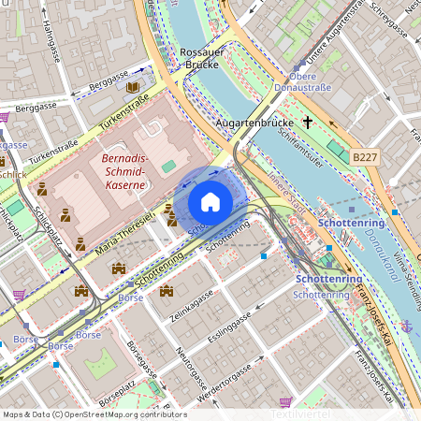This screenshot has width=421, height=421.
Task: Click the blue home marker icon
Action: (x=210, y=201)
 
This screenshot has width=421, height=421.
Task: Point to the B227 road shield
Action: (x=365, y=159)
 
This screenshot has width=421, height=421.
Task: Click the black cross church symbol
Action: (x=308, y=122)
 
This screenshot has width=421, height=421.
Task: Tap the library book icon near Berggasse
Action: (x=132, y=87)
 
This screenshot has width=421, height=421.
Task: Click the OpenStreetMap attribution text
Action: (x=94, y=414)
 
